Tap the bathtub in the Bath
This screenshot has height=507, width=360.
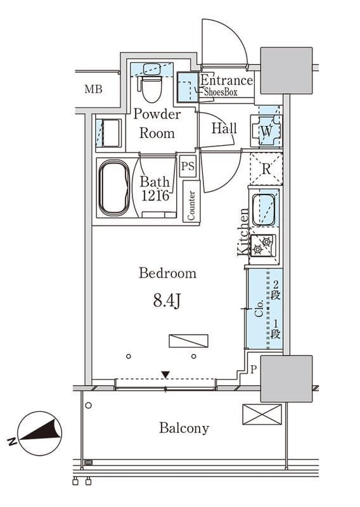[114, 188]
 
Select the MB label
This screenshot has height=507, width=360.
[93, 89]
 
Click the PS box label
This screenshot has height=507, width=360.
[188, 166]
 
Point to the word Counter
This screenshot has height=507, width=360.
[191, 205]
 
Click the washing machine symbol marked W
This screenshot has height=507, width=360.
[267, 131]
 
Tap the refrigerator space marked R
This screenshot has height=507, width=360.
[266, 169]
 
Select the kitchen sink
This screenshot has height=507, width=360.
[264, 210]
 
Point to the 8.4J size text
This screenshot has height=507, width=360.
[167, 301]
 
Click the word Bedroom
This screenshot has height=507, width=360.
[167, 273]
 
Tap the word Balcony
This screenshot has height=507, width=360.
[184, 428]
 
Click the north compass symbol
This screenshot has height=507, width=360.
[39, 433]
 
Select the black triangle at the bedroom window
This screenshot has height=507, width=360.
[165, 375]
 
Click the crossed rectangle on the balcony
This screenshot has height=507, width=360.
[262, 414]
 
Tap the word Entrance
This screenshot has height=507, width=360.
[227, 80]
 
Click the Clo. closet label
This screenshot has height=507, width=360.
[259, 309]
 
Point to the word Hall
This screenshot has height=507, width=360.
[224, 128]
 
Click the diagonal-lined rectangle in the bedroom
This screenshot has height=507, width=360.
[188, 341]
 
